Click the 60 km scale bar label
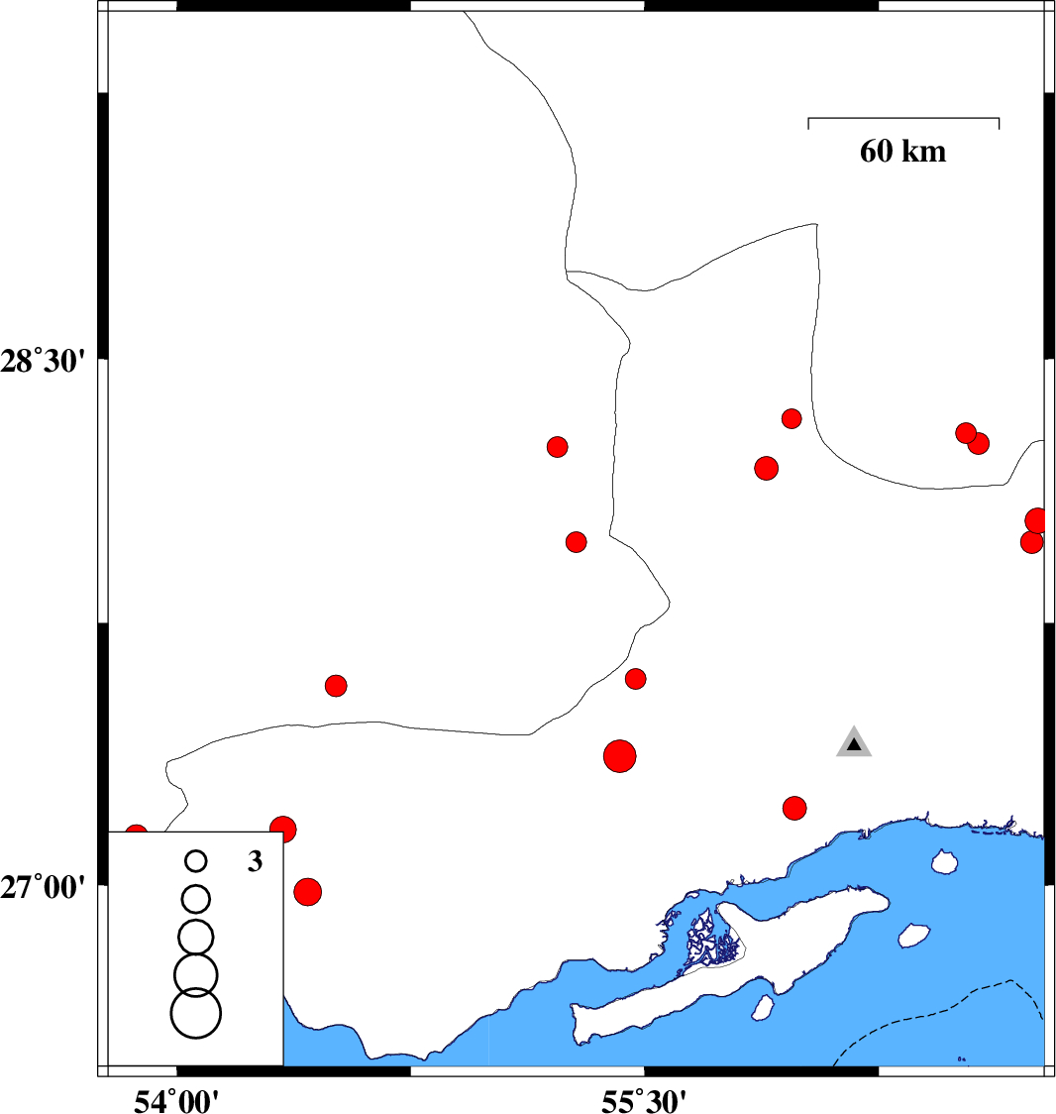[902, 152]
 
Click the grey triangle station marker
[854, 742]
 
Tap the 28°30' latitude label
[43, 362]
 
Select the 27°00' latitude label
[43, 887]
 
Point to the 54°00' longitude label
[176, 1100]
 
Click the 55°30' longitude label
[644, 1100]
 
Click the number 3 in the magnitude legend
[255, 861]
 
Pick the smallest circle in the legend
[196, 861]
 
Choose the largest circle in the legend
[196, 1013]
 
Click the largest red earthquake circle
[620, 756]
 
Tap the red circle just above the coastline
[794, 808]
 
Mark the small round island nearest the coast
[944, 862]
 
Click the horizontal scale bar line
[903, 118]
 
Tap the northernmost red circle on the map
[792, 418]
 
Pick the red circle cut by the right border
[1036, 520]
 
